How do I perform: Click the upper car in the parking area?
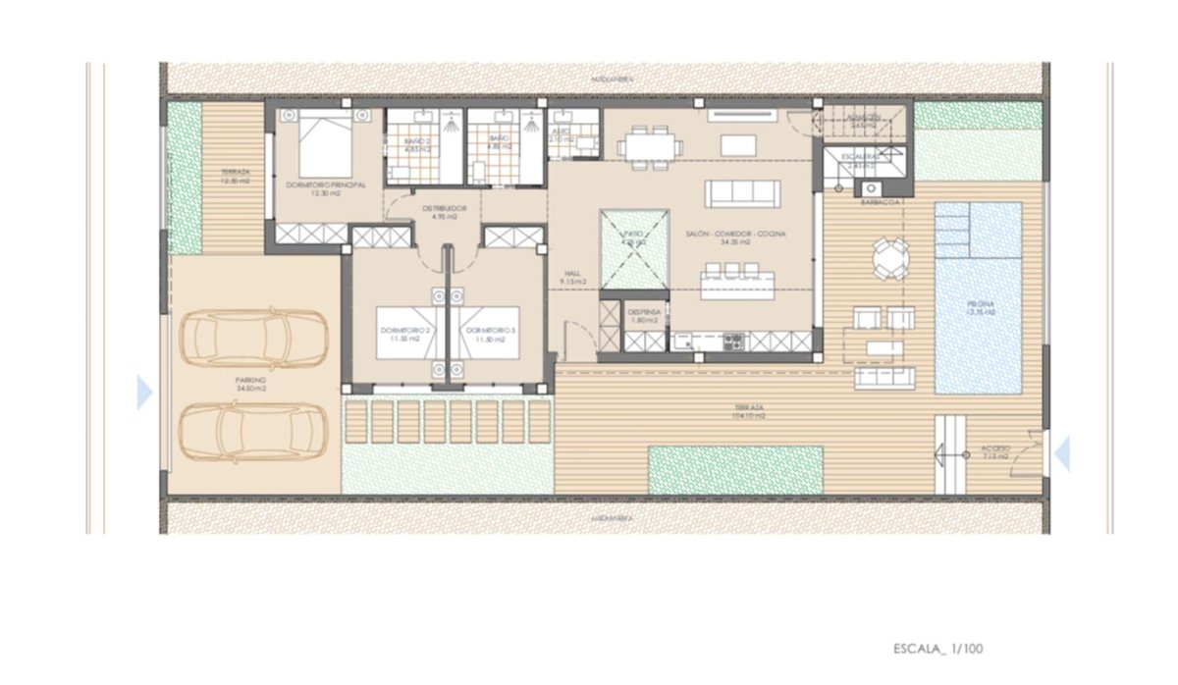pos(253,339)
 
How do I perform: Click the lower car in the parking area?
pos(253,432)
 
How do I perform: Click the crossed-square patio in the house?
pos(635,249)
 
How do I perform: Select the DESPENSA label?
pos(644,315)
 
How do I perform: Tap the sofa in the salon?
pos(743,193)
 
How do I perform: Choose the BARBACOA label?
pos(881,203)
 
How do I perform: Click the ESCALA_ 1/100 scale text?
pos(937,649)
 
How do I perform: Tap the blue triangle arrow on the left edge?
pos(144,393)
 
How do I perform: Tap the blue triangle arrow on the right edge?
pos(1061,452)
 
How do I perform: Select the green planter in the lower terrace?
pos(734,470)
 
